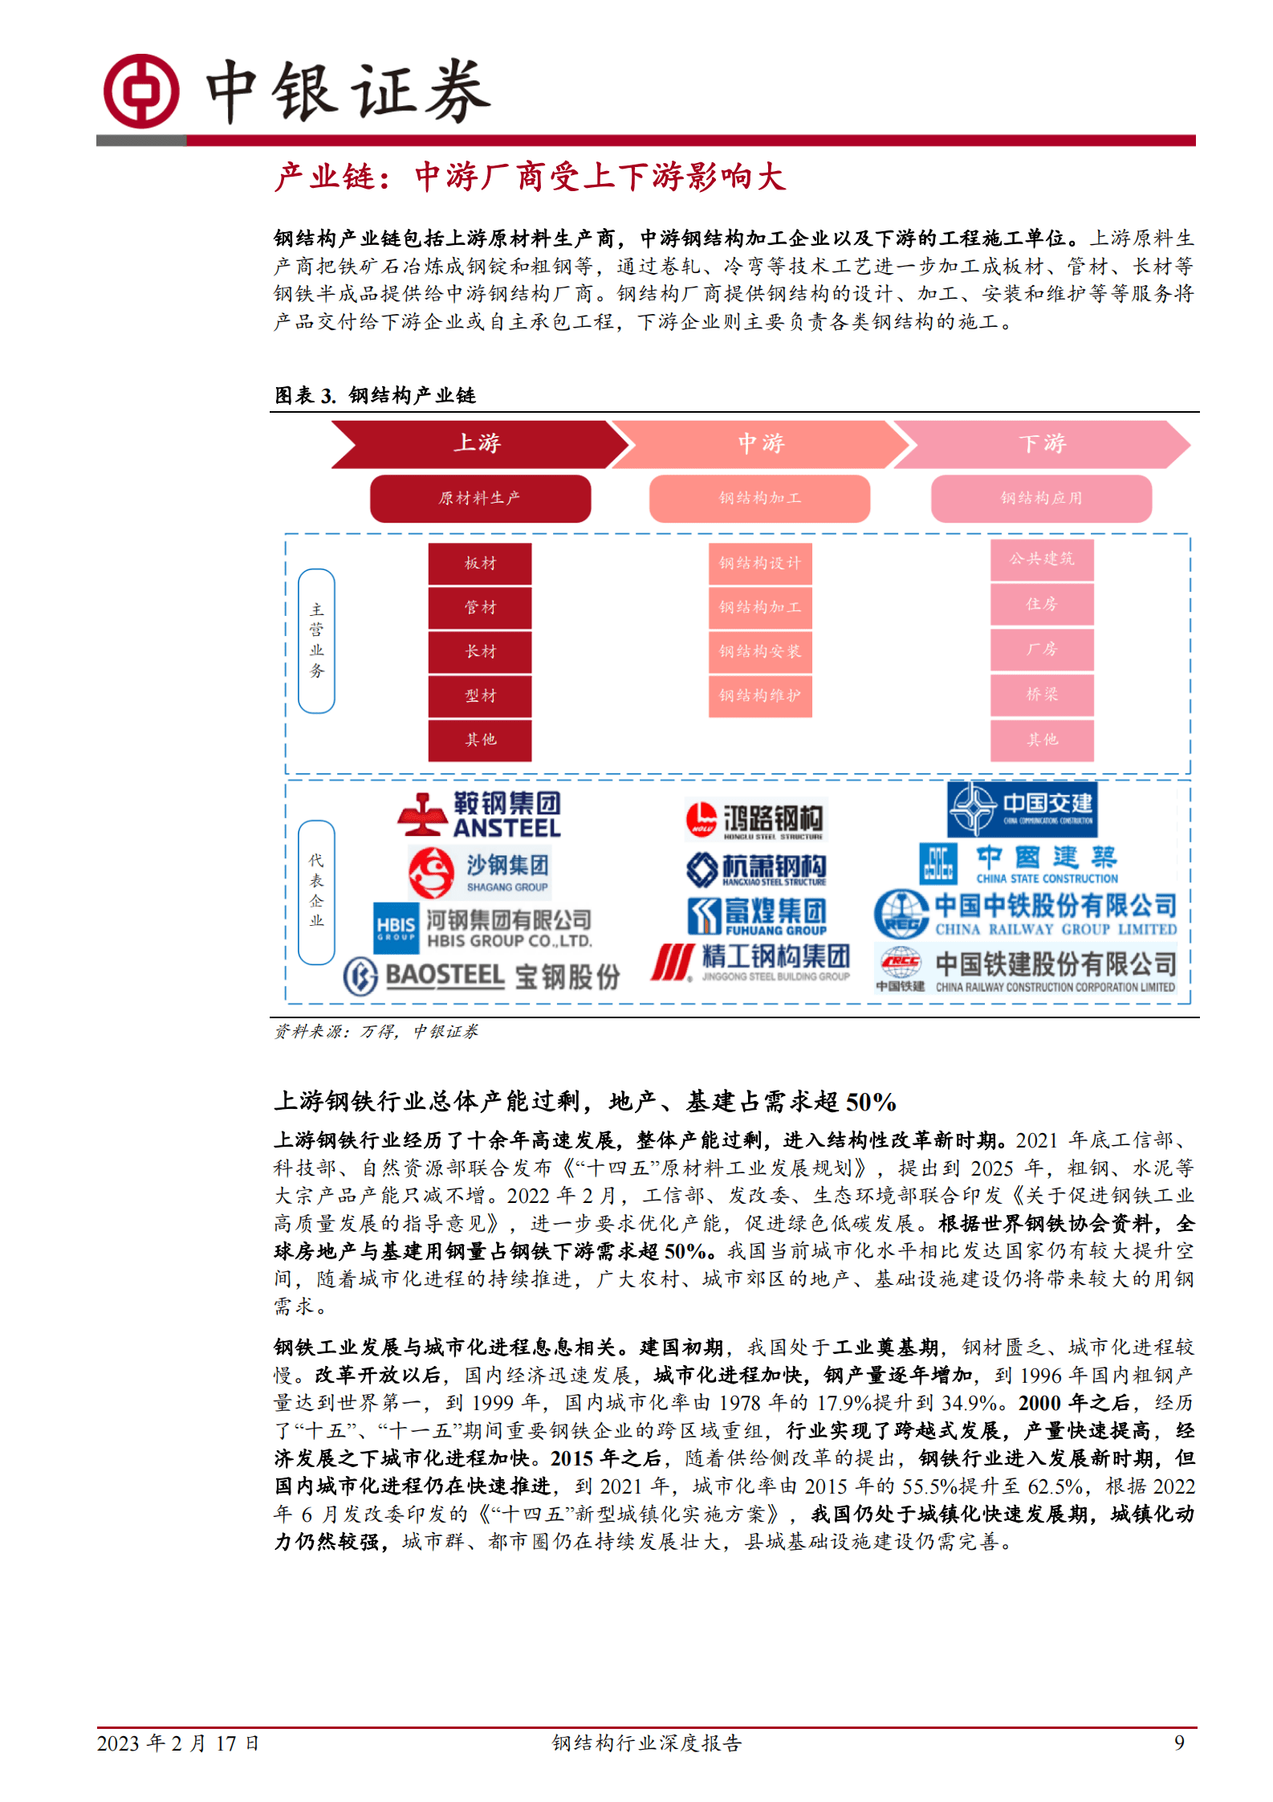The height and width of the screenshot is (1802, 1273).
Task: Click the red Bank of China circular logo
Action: tap(141, 91)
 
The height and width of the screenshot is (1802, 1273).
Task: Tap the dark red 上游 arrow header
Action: tap(478, 443)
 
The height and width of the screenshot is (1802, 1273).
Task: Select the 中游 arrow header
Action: tap(760, 443)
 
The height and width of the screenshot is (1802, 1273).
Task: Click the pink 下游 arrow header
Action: tap(1041, 443)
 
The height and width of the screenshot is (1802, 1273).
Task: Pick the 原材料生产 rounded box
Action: tap(480, 499)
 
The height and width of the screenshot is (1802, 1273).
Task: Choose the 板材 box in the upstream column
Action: tap(480, 564)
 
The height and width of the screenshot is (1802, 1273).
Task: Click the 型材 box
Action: tap(480, 696)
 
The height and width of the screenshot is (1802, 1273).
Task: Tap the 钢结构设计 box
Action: tap(760, 564)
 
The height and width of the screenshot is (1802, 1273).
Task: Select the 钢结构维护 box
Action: tap(760, 696)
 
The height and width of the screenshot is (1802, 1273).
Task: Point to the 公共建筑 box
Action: tap(1042, 560)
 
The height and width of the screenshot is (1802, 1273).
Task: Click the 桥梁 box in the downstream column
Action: tap(1042, 695)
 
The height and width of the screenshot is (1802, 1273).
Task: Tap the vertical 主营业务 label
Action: tap(316, 641)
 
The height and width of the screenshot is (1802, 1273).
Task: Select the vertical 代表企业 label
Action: tap(316, 891)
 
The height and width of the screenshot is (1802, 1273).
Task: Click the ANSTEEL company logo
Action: tap(479, 814)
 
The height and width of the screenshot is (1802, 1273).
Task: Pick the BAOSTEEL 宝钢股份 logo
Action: tap(482, 976)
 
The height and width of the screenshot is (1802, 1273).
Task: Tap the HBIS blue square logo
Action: tap(396, 928)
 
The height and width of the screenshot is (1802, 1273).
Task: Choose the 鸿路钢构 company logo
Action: tap(754, 820)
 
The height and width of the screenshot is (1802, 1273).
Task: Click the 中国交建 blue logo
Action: tap(1022, 809)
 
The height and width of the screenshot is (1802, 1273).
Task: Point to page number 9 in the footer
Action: tap(1179, 1743)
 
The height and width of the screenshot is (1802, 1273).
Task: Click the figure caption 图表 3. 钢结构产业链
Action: tap(376, 395)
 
